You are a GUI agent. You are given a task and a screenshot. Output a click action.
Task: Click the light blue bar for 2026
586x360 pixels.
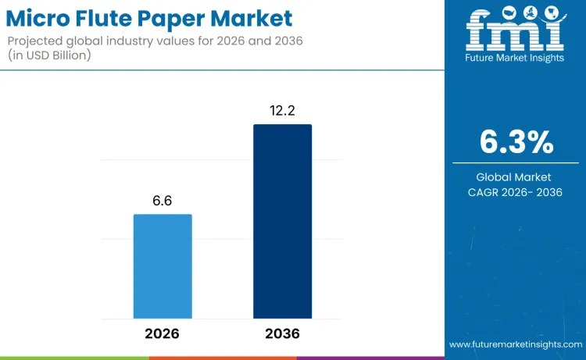163,266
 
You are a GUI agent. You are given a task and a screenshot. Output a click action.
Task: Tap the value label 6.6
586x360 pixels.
163,201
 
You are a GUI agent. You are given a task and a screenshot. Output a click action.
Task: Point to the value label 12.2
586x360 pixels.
282,111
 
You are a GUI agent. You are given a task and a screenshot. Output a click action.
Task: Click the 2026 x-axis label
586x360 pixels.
163,333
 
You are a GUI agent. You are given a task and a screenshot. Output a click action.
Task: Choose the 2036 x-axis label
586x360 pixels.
282,333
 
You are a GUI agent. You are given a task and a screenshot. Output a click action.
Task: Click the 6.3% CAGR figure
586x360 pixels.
515,142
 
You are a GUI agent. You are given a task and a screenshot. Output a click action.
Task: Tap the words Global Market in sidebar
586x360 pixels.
514,177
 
